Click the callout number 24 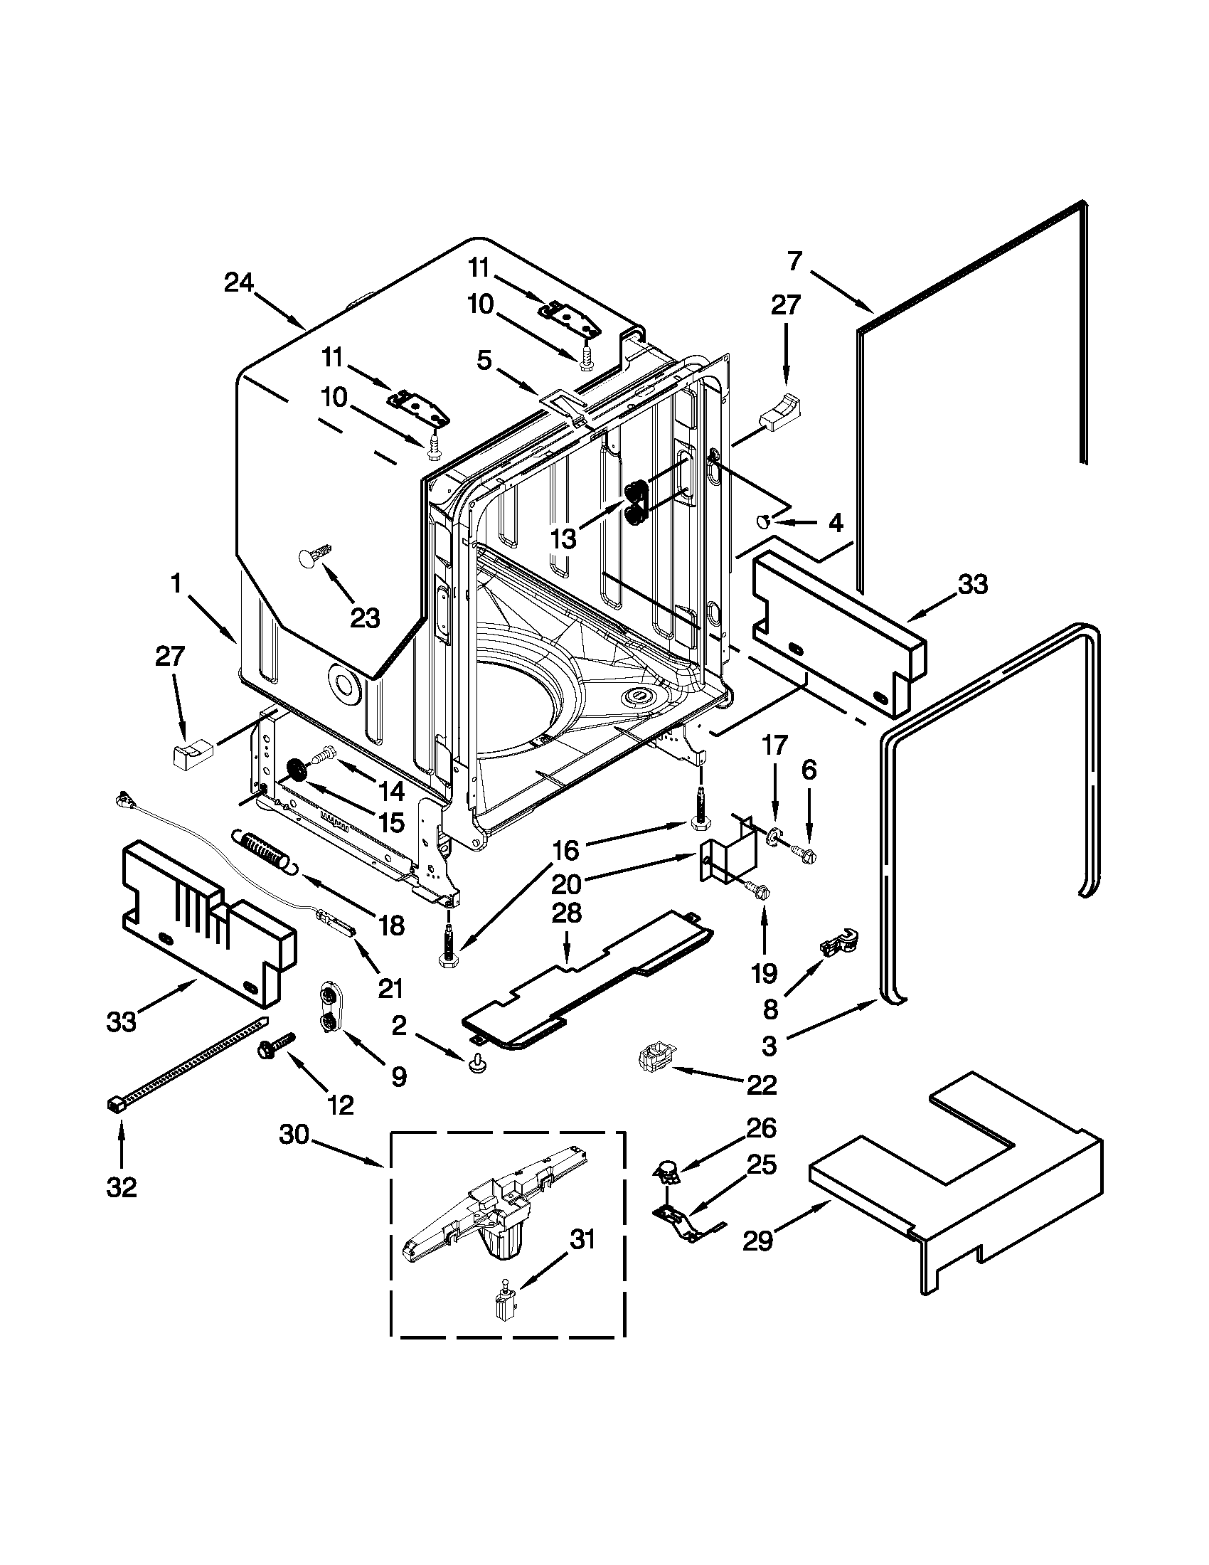(238, 283)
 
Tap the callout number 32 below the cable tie (121, 1188)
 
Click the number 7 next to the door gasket (794, 262)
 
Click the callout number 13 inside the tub (564, 539)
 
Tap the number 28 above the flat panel (566, 913)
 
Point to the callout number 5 (484, 361)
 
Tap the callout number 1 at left (176, 584)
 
